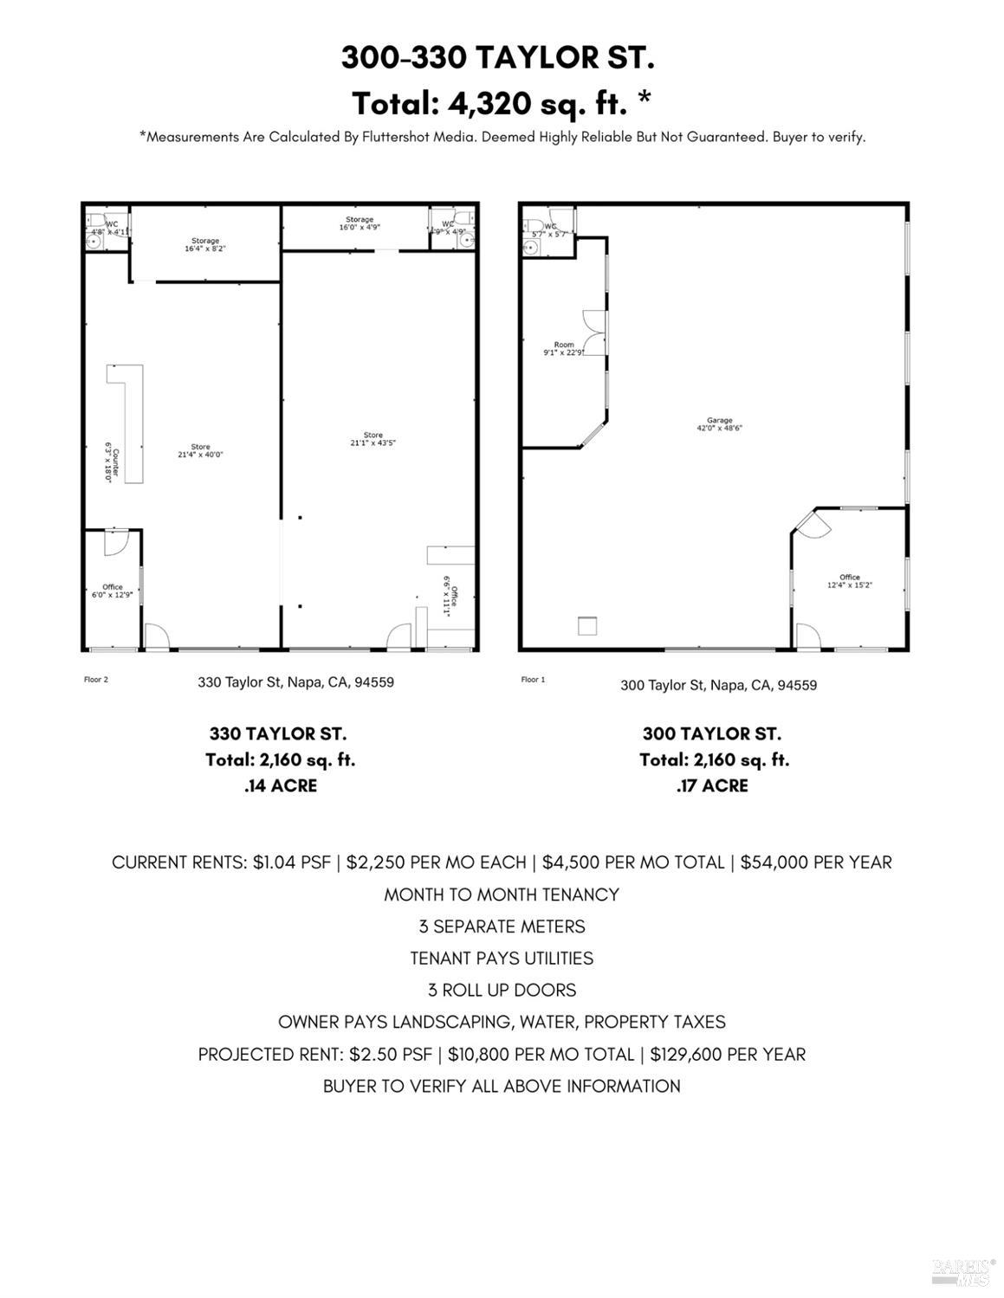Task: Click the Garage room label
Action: (x=719, y=424)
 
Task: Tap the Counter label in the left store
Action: (x=111, y=462)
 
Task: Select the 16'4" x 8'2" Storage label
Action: (x=205, y=245)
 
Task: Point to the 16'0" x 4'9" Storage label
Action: (x=359, y=224)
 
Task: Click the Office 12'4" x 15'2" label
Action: (x=849, y=581)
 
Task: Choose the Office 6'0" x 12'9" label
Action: (x=113, y=591)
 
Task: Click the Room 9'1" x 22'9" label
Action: (x=564, y=349)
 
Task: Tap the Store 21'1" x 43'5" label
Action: (x=373, y=439)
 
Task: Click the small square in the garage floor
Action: (x=588, y=625)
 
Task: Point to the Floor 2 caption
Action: (x=95, y=680)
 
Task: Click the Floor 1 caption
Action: (x=533, y=680)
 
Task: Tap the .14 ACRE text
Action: (x=280, y=785)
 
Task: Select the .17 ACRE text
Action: (x=711, y=785)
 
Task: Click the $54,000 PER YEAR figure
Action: (x=816, y=862)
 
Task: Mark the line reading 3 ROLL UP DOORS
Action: (x=502, y=990)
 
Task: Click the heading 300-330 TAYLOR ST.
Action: (x=498, y=58)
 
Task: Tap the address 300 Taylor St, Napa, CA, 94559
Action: (x=718, y=685)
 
